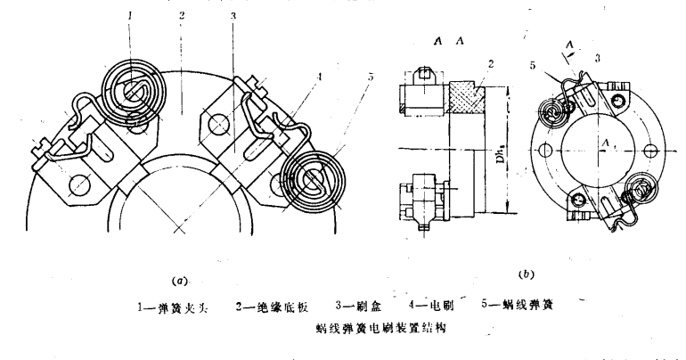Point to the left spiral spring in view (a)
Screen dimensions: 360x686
coord(131,90)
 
